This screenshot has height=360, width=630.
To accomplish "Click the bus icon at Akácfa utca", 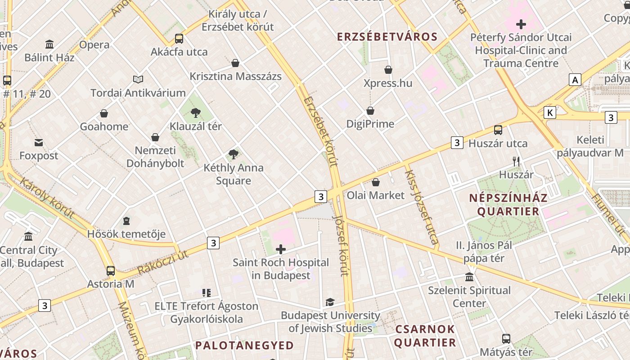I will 179,38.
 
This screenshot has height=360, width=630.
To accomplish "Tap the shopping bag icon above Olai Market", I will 376,182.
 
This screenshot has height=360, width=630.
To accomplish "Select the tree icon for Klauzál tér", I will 195,112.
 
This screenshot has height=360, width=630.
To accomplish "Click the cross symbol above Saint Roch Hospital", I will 281,249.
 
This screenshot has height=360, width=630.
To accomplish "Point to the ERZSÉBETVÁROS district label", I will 387,37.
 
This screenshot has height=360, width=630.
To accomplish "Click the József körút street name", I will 341,245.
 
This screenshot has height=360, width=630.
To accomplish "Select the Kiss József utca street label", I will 422,207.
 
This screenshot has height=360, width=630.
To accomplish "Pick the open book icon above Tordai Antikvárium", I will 138,80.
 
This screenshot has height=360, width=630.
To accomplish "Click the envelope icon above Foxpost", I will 39,143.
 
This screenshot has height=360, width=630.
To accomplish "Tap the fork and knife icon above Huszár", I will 516,161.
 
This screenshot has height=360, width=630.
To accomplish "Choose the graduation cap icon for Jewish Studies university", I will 330,302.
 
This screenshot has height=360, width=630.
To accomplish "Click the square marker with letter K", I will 549,112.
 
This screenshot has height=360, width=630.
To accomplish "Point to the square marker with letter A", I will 575,80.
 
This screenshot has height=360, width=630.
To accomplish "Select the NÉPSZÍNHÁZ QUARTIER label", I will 508,205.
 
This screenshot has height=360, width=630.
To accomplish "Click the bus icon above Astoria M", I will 111,271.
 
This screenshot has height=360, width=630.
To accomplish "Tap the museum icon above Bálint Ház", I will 49,44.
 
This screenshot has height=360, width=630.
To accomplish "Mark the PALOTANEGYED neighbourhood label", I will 244,346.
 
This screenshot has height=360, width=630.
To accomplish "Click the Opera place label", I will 94,45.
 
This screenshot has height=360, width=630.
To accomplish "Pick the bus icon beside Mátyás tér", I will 506,339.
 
